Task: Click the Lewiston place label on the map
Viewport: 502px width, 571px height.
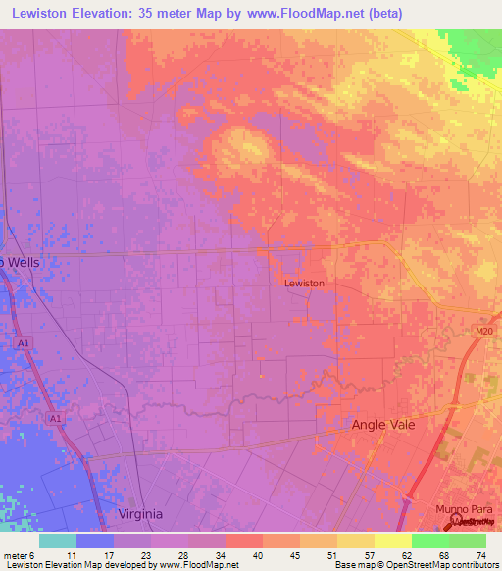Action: coord(304,284)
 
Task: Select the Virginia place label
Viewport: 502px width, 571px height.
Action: coord(139,514)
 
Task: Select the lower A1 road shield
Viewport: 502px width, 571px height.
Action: coord(56,417)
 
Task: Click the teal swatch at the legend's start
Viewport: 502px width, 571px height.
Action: coord(58,541)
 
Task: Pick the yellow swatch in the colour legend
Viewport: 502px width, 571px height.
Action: coord(393,541)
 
